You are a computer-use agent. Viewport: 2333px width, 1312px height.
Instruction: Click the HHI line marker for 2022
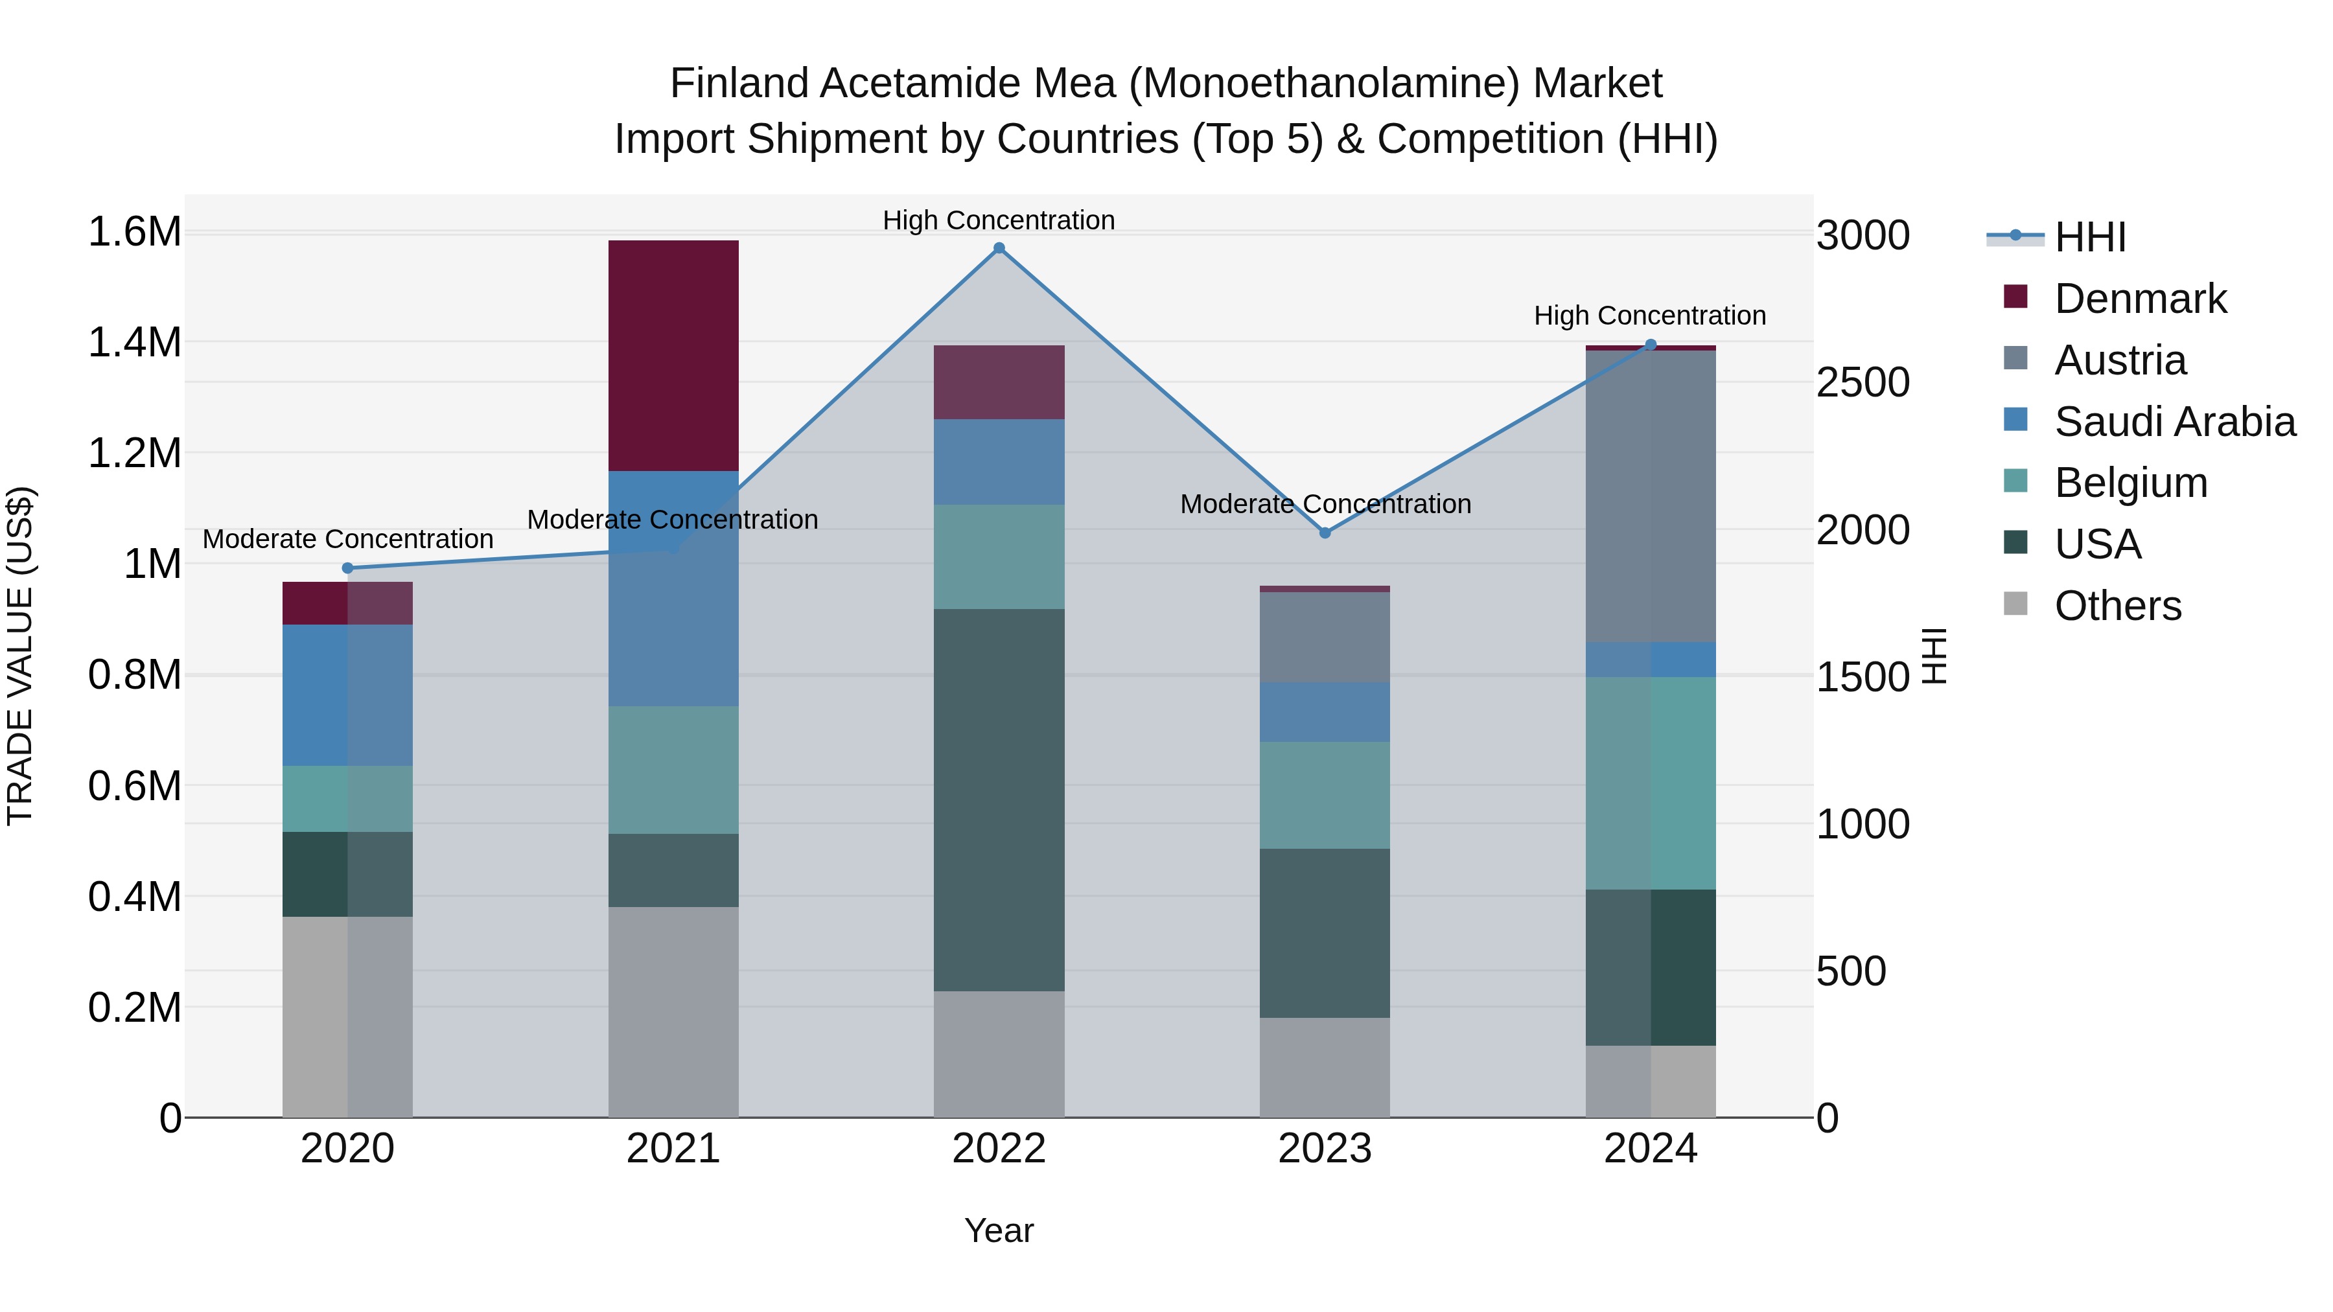999,248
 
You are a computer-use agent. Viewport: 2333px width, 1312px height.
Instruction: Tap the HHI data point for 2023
1325,533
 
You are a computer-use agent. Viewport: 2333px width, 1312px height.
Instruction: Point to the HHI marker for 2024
1650,345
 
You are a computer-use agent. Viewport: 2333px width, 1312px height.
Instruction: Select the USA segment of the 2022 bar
999,800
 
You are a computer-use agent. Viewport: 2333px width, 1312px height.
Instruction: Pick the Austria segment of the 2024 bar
1650,496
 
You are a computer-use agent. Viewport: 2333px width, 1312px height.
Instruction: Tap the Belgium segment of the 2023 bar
1325,795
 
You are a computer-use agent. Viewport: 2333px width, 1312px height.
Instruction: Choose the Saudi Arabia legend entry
2174,422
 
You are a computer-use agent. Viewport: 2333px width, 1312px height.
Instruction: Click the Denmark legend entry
2139,299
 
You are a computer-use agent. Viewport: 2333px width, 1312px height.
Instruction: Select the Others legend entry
2117,606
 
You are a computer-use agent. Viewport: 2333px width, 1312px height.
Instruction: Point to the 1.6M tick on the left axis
134,232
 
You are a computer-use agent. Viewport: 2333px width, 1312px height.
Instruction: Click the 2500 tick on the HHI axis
1863,383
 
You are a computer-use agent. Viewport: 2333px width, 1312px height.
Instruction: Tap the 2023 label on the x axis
1325,1149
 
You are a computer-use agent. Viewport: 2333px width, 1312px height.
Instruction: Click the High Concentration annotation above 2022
999,220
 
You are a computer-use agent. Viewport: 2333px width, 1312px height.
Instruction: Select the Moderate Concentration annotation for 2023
1325,503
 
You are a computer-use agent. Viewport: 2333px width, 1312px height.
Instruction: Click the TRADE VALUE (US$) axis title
21,656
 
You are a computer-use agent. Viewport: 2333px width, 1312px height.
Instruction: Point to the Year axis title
999,1230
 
